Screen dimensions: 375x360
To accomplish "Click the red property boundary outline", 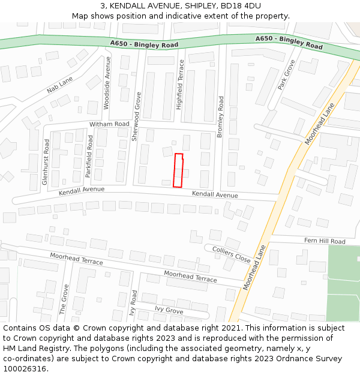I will coord(178,170).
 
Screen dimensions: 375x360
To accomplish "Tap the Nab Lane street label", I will coord(59,85).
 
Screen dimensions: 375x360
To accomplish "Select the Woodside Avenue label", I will coord(107,83).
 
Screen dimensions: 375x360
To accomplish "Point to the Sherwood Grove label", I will coord(136,116).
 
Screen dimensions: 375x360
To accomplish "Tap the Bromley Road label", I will coord(220,117).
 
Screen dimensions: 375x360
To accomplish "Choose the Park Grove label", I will coord(286,75).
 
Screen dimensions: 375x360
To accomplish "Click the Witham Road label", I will coord(109,124).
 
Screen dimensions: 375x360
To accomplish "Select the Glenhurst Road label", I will coord(46,161).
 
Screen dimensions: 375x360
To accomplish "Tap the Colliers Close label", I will coord(231,254).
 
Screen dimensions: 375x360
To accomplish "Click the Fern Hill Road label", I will coord(325,241).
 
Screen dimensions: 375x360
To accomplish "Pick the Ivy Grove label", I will coord(169,310).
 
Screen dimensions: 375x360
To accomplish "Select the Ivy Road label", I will coord(134,304).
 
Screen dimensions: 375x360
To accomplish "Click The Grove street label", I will coord(65,299).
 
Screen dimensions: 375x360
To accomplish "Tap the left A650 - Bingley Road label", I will coord(145,44).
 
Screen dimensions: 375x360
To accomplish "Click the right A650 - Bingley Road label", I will coord(289,42).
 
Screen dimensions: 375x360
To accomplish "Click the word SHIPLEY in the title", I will coord(196,5).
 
